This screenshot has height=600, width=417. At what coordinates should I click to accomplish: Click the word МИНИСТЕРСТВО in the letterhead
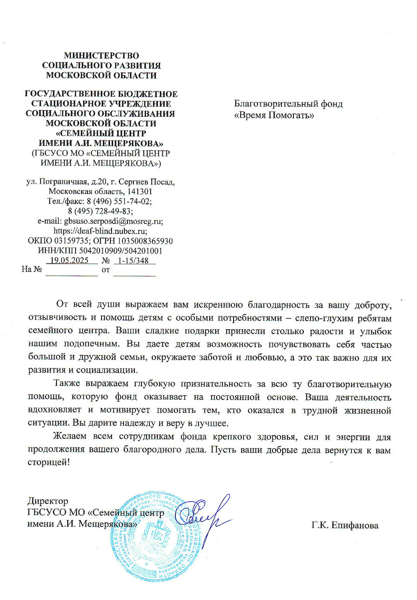102,56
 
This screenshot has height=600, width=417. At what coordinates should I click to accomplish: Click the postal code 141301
140,191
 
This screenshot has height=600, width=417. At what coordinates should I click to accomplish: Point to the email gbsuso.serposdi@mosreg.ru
113,221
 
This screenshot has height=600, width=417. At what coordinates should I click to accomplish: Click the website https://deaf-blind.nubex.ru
100,231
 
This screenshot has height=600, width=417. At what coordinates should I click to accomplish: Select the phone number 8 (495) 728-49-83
100,211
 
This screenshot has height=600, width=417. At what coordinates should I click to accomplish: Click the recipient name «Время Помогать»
274,116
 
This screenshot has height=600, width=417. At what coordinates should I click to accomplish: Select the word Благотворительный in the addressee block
276,104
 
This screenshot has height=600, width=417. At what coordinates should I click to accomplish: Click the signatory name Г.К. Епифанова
345,525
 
